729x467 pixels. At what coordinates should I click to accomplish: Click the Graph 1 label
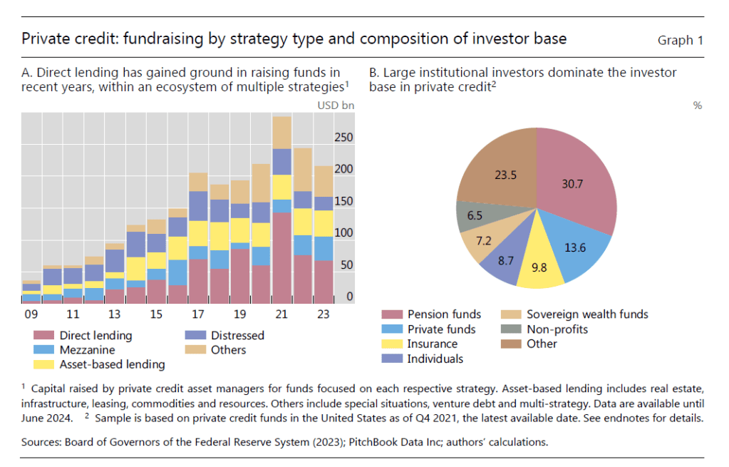[x=680, y=40]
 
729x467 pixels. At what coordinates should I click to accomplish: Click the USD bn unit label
[x=336, y=106]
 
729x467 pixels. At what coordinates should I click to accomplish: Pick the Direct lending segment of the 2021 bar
[x=282, y=257]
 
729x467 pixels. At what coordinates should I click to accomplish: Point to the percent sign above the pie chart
[x=697, y=106]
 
